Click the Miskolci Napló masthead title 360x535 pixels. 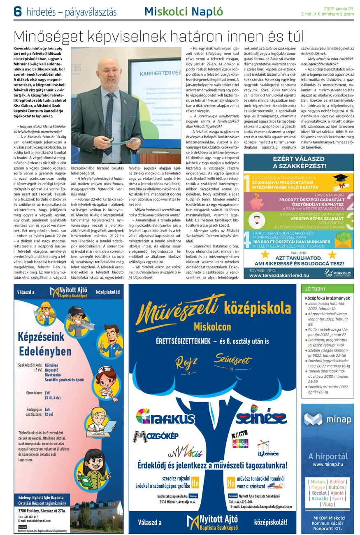pyautogui.click(x=177, y=12)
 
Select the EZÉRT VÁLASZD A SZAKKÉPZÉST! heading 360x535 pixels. pyautogui.click(x=299, y=163)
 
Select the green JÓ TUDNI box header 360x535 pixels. pyautogui.click(x=313, y=289)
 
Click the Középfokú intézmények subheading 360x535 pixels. pyautogui.click(x=327, y=298)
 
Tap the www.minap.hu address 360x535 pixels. pyautogui.click(x=327, y=464)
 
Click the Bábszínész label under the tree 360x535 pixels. pyautogui.click(x=268, y=454)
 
